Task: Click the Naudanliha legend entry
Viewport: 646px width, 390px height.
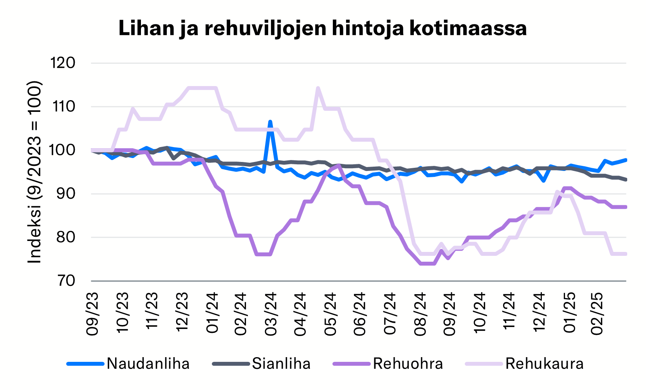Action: [x=148, y=364]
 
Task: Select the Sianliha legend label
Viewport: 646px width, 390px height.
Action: [x=281, y=364]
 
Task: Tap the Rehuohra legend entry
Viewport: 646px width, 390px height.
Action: [x=408, y=364]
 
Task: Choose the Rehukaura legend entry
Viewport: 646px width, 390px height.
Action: [x=544, y=364]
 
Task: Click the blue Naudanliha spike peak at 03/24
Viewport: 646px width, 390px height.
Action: [x=270, y=122]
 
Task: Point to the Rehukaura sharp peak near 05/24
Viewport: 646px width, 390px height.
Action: [x=318, y=88]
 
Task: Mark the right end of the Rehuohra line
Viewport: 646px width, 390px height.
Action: [x=626, y=207]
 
